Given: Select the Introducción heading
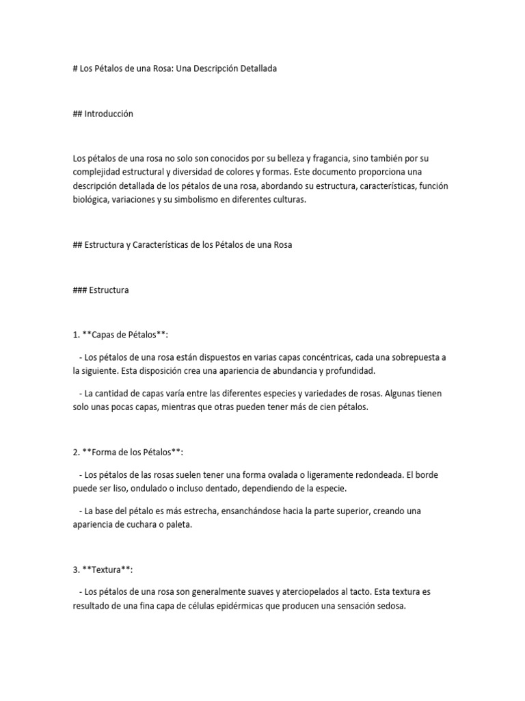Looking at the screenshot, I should pos(109,114).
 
